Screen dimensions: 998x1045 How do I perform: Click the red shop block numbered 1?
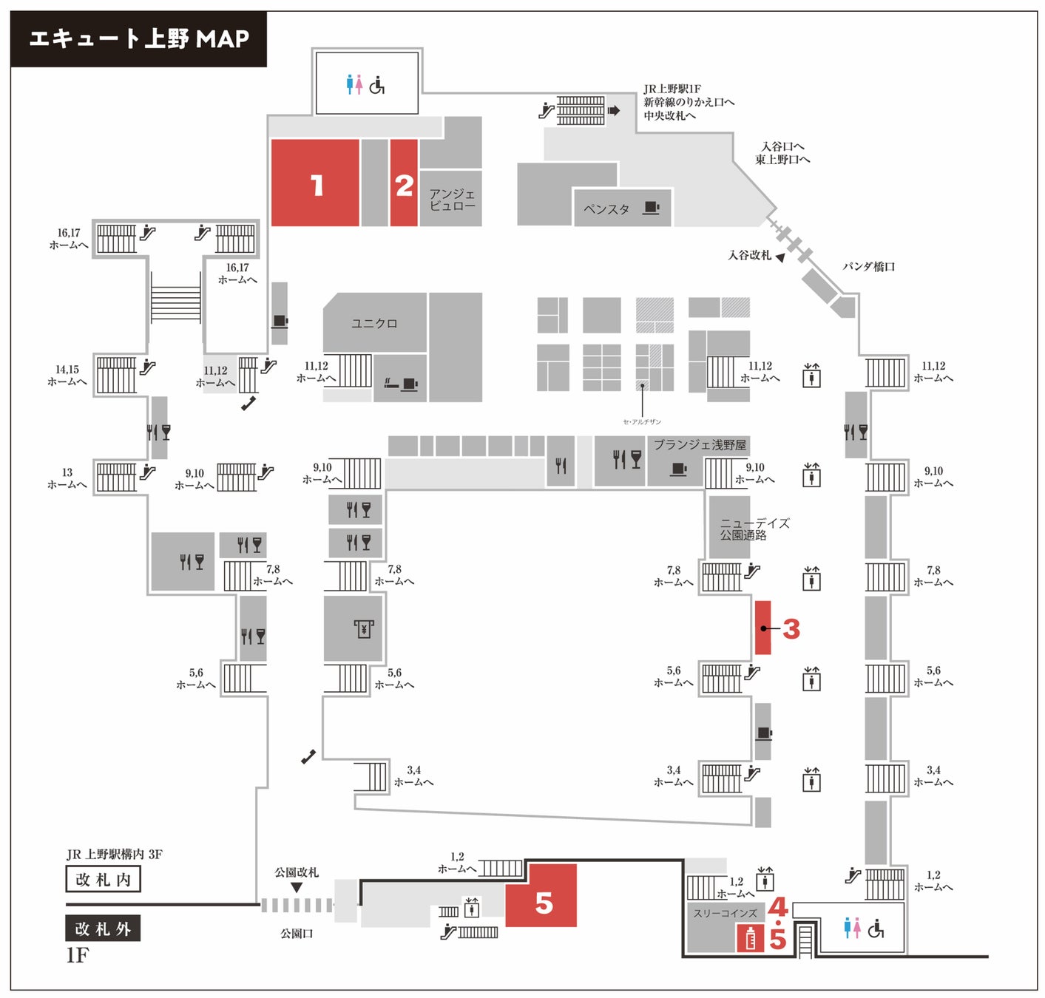[315, 183]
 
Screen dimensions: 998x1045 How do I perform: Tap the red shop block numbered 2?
[404, 183]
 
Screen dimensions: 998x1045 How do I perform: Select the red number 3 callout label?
[791, 629]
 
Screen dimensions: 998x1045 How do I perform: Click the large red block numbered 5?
[542, 896]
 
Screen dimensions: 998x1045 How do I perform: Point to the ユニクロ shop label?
[374, 324]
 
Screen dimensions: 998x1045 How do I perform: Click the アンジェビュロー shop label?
[452, 200]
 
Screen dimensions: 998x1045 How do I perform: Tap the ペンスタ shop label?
[606, 209]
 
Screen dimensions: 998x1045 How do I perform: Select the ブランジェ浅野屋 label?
[700, 445]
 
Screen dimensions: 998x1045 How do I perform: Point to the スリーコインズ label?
[725, 914]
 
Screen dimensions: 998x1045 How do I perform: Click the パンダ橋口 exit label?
[869, 267]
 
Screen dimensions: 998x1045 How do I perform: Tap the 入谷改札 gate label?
[749, 255]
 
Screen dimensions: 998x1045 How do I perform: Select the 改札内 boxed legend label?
[103, 880]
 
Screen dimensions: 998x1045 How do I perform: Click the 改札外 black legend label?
[103, 929]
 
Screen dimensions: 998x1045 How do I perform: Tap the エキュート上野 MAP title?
[139, 38]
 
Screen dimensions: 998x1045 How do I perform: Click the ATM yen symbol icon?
[363, 629]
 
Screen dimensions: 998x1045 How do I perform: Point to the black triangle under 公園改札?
[297, 887]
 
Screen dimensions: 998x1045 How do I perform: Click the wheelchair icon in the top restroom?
[377, 86]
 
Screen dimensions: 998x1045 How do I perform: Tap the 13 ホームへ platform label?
[67, 478]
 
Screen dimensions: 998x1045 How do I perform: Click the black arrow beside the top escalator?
[614, 111]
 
